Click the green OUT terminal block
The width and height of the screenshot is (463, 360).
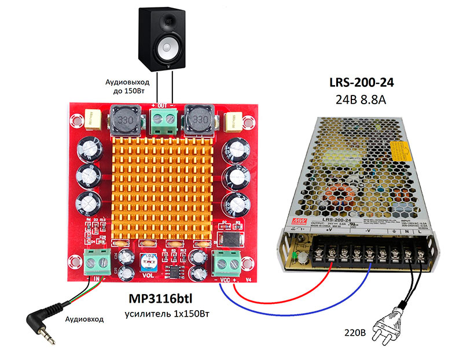pos(162,122)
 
